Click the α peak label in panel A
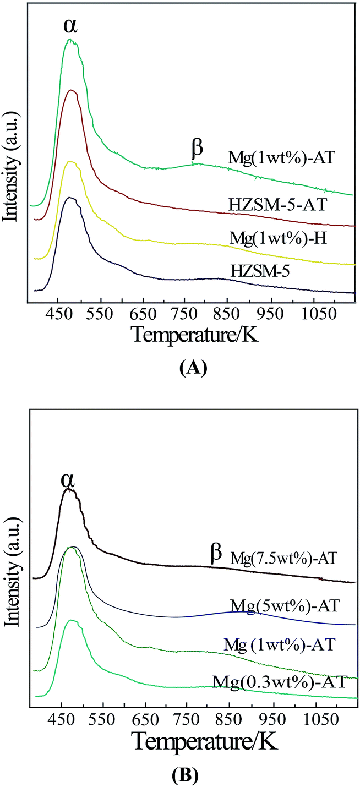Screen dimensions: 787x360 point(70,26)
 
